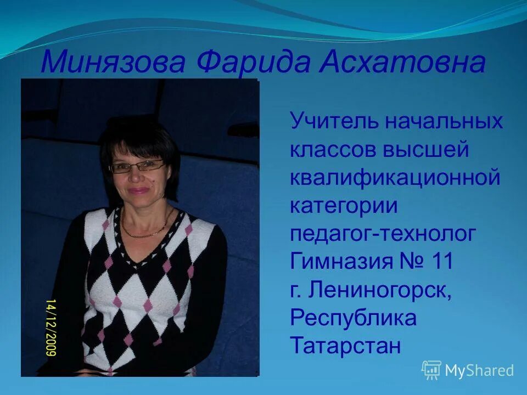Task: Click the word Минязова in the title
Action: click(113, 63)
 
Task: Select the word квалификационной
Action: click(395, 178)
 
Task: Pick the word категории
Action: click(344, 206)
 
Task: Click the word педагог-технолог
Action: click(383, 235)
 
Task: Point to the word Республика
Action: click(354, 319)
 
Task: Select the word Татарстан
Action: click(346, 347)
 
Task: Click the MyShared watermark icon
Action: click(431, 370)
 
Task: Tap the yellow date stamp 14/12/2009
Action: click(51, 328)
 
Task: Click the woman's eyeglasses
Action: click(137, 166)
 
